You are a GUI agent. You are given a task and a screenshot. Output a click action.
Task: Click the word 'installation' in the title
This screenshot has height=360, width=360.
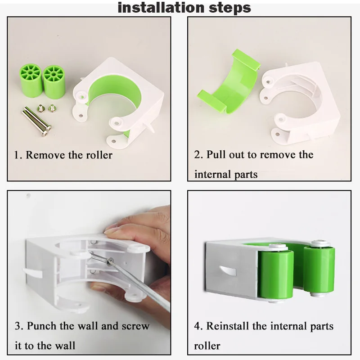pyautogui.click(x=161, y=7)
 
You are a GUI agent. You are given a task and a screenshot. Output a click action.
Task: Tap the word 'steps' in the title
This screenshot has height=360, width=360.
pyautogui.click(x=230, y=8)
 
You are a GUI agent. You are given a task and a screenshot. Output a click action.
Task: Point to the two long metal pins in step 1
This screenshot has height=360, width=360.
pyautogui.click(x=37, y=121)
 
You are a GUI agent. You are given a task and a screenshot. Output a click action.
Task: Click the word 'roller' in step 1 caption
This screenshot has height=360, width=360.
pyautogui.click(x=99, y=155)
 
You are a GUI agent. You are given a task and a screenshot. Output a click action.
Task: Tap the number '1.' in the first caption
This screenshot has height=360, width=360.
pyautogui.click(x=18, y=155)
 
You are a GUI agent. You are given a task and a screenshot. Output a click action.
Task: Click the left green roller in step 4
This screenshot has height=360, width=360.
pyautogui.click(x=276, y=274)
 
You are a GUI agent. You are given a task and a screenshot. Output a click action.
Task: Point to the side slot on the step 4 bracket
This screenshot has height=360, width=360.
pyautogui.click(x=228, y=270)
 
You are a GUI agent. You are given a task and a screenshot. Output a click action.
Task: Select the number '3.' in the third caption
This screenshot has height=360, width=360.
pyautogui.click(x=19, y=326)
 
